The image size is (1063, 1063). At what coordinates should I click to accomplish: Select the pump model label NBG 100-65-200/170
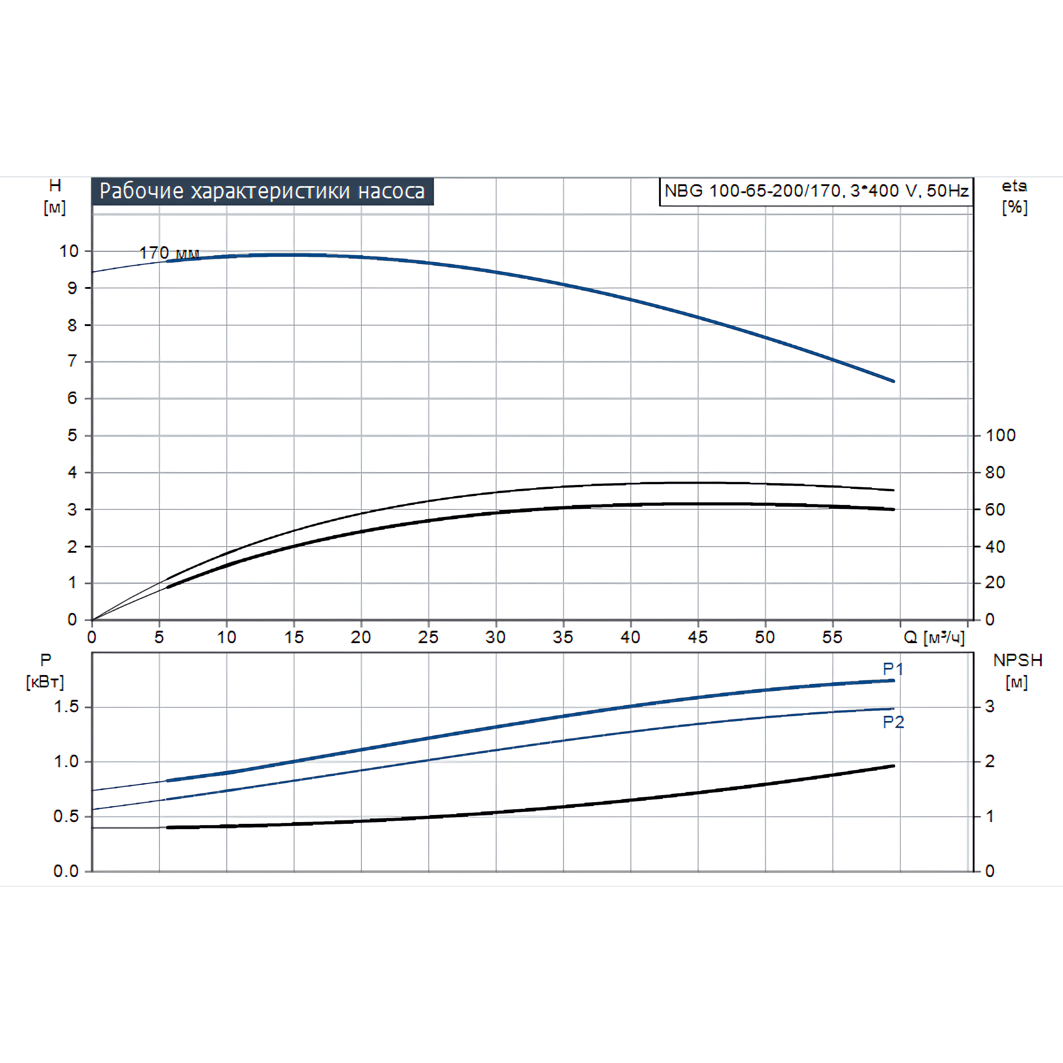816,191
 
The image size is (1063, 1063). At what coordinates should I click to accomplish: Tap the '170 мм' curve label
168,252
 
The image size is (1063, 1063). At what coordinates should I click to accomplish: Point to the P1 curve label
892,669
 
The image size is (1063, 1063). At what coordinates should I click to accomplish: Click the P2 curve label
893,722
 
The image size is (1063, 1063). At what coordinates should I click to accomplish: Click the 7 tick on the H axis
72,361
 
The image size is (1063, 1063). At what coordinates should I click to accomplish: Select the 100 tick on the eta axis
1000,435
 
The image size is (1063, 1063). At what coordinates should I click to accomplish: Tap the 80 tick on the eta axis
995,472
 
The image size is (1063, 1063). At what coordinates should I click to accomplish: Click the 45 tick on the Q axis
698,637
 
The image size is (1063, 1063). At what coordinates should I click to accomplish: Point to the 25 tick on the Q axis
428,637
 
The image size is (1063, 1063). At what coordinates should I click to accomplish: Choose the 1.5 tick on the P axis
66,706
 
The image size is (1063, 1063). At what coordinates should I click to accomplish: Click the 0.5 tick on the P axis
66,816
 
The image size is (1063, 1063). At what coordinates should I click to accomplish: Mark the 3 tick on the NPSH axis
989,706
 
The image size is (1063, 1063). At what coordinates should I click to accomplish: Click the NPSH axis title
1017,671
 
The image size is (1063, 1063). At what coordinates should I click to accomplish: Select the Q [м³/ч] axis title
934,637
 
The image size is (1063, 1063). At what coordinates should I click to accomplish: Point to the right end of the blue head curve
893,381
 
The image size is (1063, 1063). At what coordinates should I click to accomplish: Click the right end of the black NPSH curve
893,766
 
